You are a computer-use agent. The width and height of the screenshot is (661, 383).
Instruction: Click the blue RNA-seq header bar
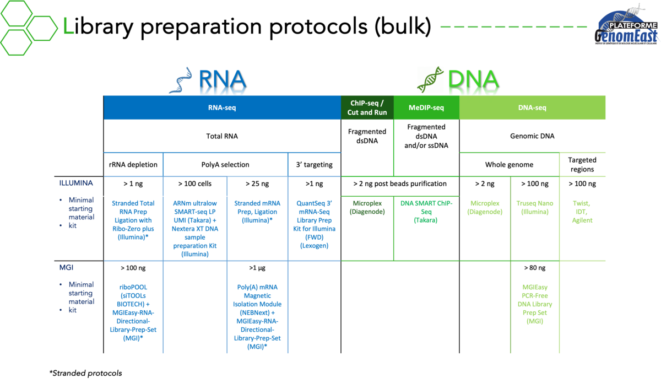[222, 107]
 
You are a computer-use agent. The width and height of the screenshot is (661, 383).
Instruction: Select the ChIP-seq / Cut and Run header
[367, 107]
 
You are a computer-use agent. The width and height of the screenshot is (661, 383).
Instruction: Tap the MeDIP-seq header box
[426, 107]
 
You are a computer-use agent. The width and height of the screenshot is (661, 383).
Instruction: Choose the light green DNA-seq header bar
[532, 107]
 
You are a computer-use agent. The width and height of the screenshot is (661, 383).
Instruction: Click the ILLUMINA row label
[77, 182]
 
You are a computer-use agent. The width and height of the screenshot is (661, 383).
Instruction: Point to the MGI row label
[67, 267]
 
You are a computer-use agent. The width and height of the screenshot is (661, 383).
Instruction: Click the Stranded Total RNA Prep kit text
[133, 220]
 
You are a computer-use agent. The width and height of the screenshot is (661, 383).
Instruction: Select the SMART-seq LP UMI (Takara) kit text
[195, 229]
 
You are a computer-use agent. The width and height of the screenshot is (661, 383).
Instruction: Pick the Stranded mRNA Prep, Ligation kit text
[257, 212]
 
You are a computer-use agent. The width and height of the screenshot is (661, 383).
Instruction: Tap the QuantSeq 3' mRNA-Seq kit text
[315, 224]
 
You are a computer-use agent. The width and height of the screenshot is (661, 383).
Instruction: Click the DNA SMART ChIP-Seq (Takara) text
[426, 212]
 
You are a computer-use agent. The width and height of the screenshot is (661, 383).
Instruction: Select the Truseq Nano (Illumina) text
[535, 207]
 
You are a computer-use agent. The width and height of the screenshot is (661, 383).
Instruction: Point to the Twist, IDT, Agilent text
[582, 212]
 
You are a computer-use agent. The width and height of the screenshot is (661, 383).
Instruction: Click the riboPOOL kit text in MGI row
[133, 312]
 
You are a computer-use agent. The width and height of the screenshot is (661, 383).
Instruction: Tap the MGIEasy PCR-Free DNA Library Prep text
[535, 304]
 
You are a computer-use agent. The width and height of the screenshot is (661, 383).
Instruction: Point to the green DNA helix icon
[430, 79]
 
